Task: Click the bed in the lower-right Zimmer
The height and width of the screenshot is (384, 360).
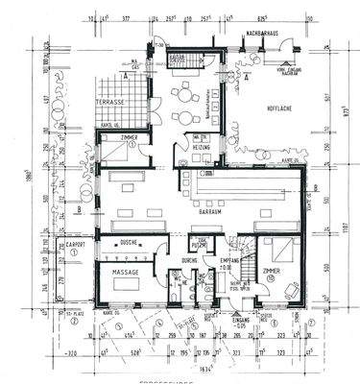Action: coord(280,253)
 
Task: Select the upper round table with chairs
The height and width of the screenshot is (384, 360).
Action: coord(183,92)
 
